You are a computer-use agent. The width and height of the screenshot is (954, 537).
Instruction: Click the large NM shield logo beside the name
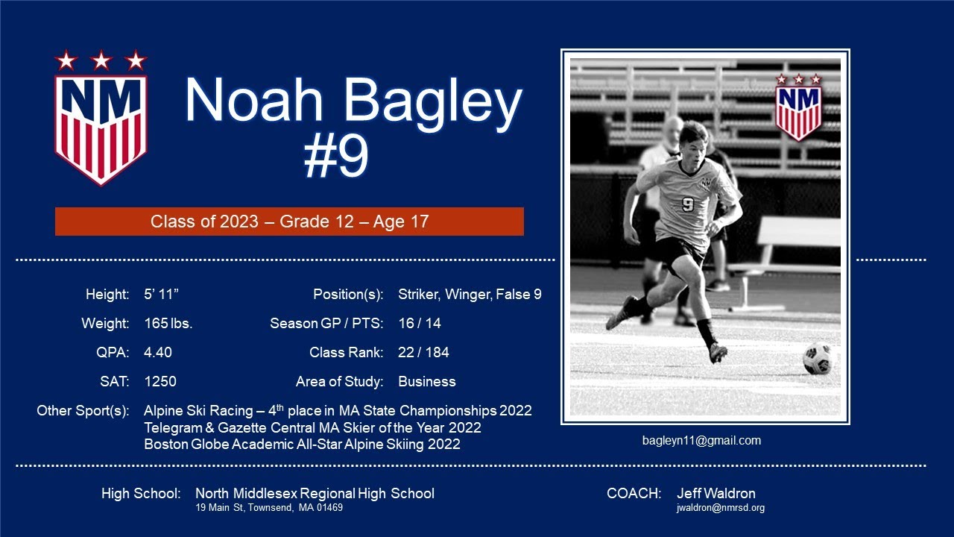click(x=101, y=119)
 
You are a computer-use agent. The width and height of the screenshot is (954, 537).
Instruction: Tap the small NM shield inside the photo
click(x=798, y=108)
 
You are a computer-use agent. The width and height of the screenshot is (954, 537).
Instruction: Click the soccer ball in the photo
click(x=818, y=358)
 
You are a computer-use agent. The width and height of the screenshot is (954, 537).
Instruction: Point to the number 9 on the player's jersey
click(x=687, y=204)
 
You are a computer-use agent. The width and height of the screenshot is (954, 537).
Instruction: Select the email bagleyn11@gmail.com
click(x=701, y=440)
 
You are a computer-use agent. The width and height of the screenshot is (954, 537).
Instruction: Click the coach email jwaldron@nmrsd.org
click(x=720, y=508)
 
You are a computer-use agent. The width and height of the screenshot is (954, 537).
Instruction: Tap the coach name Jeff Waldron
click(x=715, y=493)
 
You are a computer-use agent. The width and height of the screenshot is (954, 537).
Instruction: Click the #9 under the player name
click(x=336, y=157)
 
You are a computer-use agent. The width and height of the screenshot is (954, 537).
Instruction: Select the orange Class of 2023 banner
click(x=289, y=222)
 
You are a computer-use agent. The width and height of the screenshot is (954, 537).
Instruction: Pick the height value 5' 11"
click(x=161, y=295)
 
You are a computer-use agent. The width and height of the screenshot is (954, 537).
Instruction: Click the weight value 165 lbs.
click(x=168, y=324)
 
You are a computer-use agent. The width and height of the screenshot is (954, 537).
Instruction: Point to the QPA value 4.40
click(x=157, y=352)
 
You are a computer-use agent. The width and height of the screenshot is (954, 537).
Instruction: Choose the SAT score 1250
click(x=159, y=381)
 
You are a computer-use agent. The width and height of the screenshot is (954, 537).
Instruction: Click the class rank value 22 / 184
click(x=423, y=352)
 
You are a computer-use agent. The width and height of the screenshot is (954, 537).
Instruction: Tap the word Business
click(x=426, y=381)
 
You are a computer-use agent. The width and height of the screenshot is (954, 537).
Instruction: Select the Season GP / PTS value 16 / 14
click(x=419, y=324)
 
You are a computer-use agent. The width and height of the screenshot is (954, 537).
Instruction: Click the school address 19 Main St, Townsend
click(x=268, y=508)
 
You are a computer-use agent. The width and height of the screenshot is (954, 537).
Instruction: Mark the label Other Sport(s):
click(x=83, y=410)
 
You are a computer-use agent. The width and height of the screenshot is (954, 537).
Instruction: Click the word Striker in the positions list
click(x=417, y=295)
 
